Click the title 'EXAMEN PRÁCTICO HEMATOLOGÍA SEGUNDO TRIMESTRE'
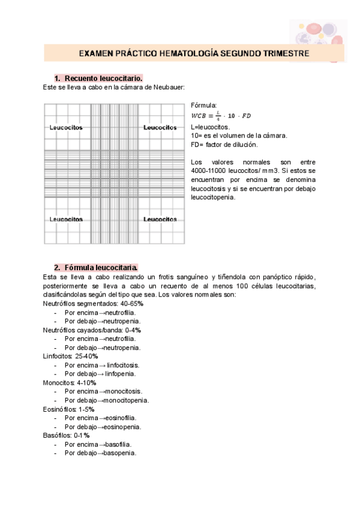click(194, 53)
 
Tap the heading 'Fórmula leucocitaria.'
click(101, 267)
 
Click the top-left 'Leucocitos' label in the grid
click(66, 128)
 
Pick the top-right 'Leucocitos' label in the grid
click(160, 128)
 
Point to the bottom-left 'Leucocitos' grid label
click(66, 220)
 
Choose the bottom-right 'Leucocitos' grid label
click(160, 220)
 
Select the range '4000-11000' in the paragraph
click(208, 170)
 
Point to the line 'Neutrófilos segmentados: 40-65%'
click(93, 304)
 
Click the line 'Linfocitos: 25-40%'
click(70, 356)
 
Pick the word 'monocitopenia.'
click(124, 400)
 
